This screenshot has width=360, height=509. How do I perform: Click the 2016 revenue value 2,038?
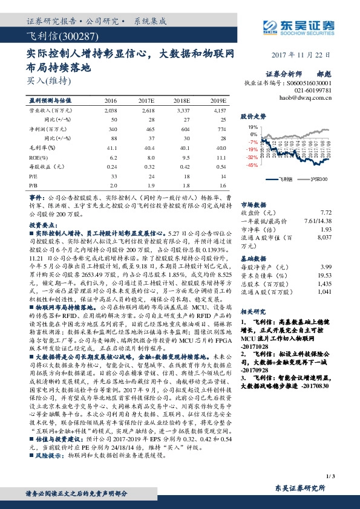point(111,111)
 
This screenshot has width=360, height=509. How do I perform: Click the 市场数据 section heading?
point(254,205)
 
